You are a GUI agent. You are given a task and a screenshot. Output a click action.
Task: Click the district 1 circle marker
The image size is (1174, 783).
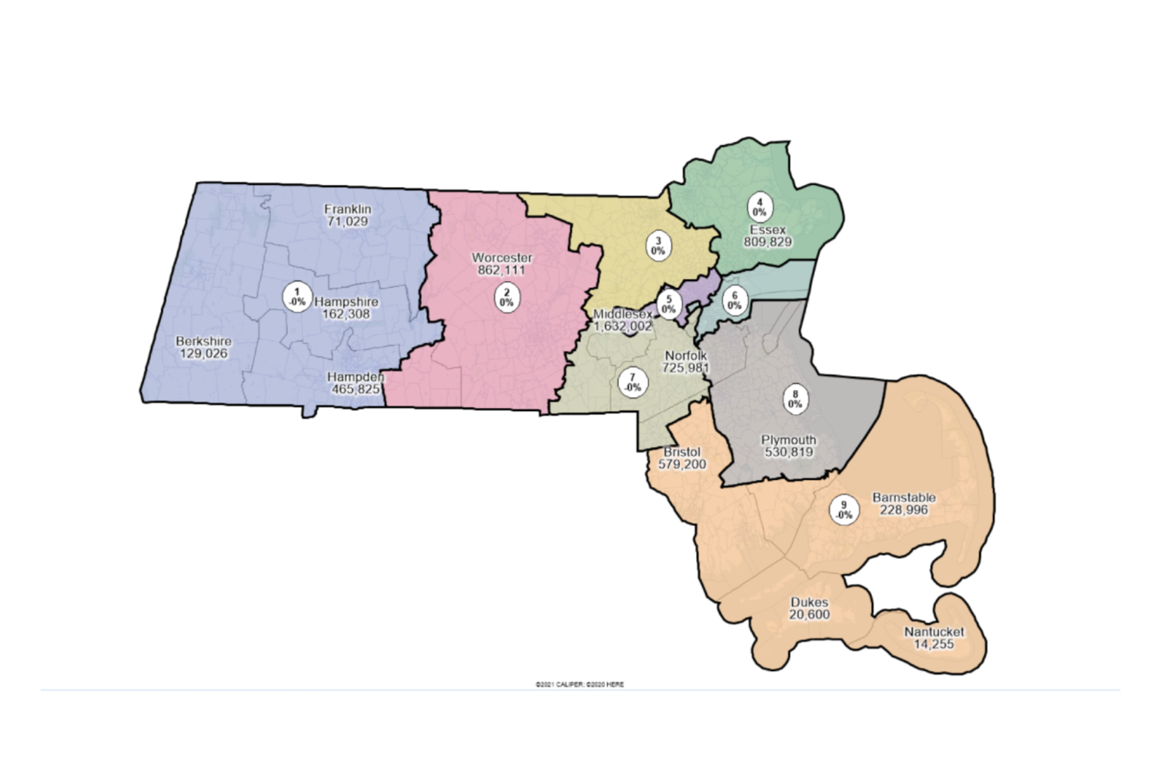[x=297, y=297]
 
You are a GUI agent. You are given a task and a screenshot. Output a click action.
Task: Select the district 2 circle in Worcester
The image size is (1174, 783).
[x=506, y=298]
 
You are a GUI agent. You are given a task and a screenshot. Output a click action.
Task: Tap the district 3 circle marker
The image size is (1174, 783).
[x=658, y=247]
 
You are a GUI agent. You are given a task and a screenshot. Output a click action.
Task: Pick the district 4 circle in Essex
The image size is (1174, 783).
[x=759, y=207]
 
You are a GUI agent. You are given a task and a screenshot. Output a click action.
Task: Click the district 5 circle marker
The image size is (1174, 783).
[x=668, y=304]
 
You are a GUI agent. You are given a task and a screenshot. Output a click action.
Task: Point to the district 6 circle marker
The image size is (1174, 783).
[x=734, y=301]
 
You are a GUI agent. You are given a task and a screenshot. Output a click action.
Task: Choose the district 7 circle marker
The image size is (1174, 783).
[x=632, y=383]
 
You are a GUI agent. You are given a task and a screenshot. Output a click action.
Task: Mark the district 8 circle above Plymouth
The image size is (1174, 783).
[x=795, y=399]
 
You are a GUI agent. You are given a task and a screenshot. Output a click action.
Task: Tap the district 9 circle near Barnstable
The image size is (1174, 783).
[x=844, y=511]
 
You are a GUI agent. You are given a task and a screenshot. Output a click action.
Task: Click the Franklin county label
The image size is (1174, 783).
[x=348, y=209]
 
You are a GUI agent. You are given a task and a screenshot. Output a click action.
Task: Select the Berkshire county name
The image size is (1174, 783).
[x=203, y=341]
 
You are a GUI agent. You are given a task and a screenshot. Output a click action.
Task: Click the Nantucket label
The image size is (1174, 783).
[x=935, y=632]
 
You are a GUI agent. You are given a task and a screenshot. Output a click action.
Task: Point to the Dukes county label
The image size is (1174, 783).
[x=809, y=602]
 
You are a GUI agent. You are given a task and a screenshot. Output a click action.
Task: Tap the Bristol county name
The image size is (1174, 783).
[x=682, y=452]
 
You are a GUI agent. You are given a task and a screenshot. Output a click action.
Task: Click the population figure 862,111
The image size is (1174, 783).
[x=502, y=270]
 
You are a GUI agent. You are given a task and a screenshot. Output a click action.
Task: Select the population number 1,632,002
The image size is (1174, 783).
[x=622, y=327]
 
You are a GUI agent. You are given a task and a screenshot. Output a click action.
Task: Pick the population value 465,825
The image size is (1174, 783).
[x=355, y=389]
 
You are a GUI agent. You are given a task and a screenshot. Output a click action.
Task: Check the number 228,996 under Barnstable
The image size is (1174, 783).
[x=904, y=510]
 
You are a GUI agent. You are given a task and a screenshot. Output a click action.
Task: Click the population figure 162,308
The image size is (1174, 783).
[x=346, y=314]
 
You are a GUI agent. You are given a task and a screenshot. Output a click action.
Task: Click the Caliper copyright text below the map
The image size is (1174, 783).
[x=579, y=684]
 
